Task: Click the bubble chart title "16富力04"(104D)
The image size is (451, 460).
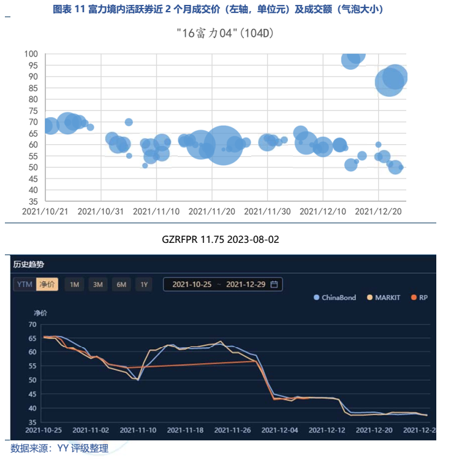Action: (224, 33)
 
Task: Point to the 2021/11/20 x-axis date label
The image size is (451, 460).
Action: (211, 211)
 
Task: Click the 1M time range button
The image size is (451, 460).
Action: (74, 284)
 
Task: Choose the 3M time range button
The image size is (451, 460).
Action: (97, 284)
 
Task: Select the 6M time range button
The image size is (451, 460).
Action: (121, 284)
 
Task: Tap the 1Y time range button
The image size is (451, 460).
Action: (144, 284)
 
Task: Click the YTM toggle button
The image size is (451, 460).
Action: (25, 284)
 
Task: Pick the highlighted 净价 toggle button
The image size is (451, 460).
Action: (47, 284)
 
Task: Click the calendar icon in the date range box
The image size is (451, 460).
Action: (274, 284)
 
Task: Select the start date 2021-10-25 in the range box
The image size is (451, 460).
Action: (192, 284)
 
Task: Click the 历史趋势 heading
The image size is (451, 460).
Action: (29, 264)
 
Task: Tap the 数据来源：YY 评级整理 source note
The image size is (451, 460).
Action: (59, 448)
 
